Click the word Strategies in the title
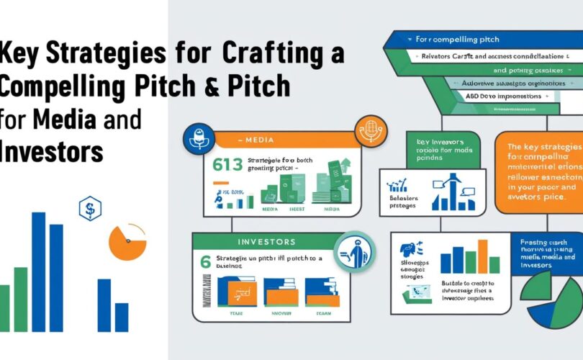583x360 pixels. tap(86, 55)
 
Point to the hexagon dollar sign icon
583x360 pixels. tap(90, 210)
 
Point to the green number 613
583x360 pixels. tap(227, 165)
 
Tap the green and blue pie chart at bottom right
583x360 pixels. tap(554, 292)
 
